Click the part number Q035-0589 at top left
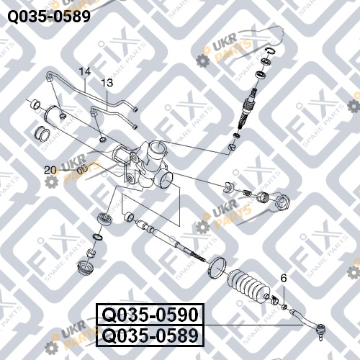49,17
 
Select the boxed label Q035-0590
150,315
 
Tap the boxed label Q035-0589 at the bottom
150,336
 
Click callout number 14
85,71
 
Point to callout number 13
107,83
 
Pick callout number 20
50,170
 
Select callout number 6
284,278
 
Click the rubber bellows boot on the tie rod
248,285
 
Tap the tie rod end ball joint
320,330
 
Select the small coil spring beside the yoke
247,192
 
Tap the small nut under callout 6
284,307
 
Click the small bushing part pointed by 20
83,169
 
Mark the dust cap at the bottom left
86,268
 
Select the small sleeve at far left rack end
36,104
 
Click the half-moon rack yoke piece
228,187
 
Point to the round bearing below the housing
104,219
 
